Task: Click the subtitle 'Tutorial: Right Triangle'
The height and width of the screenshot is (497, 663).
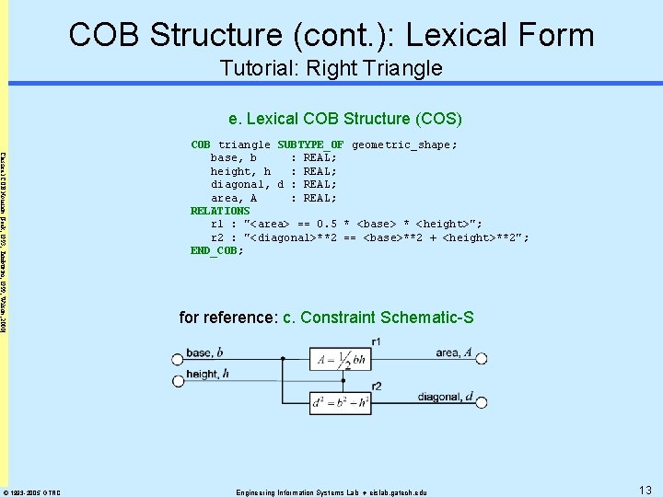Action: tap(331, 68)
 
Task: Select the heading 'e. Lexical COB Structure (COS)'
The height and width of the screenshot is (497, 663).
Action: tap(345, 118)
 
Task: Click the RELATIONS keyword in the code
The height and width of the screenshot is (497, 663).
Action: tap(220, 211)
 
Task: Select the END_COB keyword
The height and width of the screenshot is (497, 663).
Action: tap(215, 250)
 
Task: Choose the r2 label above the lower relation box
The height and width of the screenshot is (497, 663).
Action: tap(378, 386)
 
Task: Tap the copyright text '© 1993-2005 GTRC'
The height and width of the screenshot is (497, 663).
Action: tap(32, 492)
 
